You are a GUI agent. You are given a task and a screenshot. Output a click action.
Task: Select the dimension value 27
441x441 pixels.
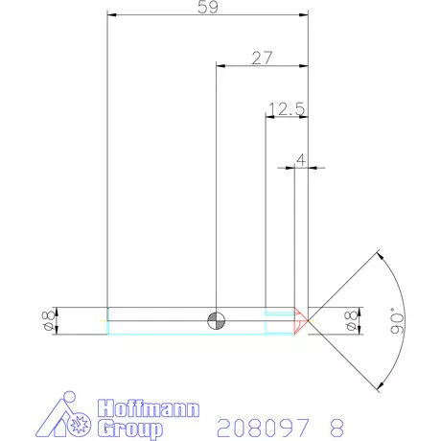point(262,58)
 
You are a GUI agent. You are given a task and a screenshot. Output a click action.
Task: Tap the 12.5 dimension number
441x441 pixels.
point(286,109)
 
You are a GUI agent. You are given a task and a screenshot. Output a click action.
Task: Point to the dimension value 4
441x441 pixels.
point(301,159)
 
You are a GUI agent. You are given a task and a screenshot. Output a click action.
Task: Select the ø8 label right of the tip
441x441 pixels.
point(349,321)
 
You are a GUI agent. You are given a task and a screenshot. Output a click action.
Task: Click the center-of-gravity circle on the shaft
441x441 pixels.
point(218,320)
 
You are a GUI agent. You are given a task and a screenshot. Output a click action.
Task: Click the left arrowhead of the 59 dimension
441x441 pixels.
point(110,15)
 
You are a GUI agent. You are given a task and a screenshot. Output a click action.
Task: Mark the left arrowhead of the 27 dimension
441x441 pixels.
point(220,66)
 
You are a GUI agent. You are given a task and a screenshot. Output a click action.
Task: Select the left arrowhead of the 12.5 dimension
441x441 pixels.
point(267,117)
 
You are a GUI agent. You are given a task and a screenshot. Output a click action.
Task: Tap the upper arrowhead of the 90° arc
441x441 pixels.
point(382,254)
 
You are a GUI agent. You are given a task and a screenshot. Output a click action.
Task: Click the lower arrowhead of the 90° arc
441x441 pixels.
point(382,386)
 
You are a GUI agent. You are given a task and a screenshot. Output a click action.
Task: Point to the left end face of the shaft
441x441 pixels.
point(107,320)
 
